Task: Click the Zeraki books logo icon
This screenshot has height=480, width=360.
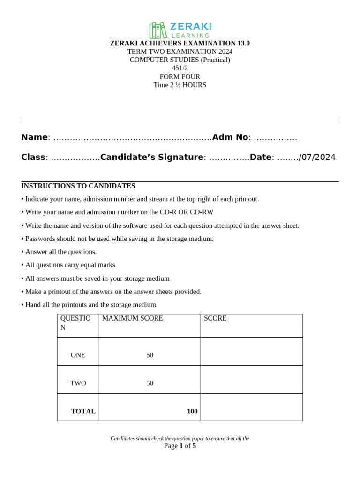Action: point(158,30)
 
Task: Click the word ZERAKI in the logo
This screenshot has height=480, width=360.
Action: point(191,26)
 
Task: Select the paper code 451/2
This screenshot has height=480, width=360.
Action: point(180,68)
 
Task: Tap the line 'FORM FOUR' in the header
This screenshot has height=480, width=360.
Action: point(180,76)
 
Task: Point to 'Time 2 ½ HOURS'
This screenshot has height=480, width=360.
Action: point(180,85)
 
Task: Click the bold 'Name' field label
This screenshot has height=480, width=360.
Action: point(34,137)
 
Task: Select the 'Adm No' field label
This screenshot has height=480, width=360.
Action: point(230,137)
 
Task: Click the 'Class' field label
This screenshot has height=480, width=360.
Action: point(33,157)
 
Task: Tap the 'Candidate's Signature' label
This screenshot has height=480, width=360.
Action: point(152,157)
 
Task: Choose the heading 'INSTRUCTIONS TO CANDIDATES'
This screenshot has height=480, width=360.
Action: point(78,186)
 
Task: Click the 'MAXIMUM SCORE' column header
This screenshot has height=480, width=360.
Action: point(133,318)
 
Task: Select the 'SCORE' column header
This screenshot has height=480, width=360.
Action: point(215,318)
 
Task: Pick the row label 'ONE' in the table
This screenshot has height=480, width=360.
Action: point(78,355)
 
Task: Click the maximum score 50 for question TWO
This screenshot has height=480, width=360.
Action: point(150,383)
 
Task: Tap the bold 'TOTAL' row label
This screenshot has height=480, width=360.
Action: point(83,411)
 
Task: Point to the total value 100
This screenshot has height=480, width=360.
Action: point(192,411)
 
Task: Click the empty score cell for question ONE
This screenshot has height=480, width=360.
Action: point(251,352)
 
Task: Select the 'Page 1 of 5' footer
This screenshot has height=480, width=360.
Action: point(180,446)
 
